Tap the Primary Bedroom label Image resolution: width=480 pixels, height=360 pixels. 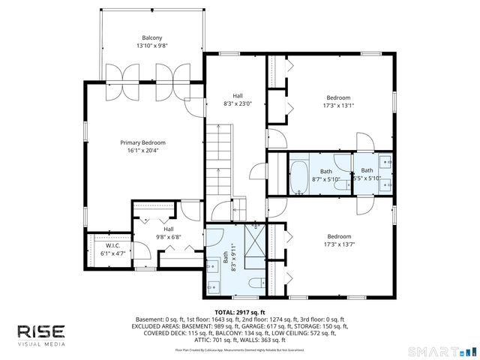click(142, 142)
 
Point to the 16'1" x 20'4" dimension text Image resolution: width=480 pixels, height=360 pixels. click(142, 150)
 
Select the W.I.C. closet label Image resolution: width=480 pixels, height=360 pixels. click(113, 245)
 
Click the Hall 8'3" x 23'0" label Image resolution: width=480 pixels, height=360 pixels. click(238, 96)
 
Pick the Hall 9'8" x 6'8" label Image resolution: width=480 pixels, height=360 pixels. click(169, 229)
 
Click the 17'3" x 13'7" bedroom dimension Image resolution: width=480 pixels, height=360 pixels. click(339, 244)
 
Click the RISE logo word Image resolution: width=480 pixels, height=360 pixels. click(41, 331)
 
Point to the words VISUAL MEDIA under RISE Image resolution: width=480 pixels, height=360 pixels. click(41, 344)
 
